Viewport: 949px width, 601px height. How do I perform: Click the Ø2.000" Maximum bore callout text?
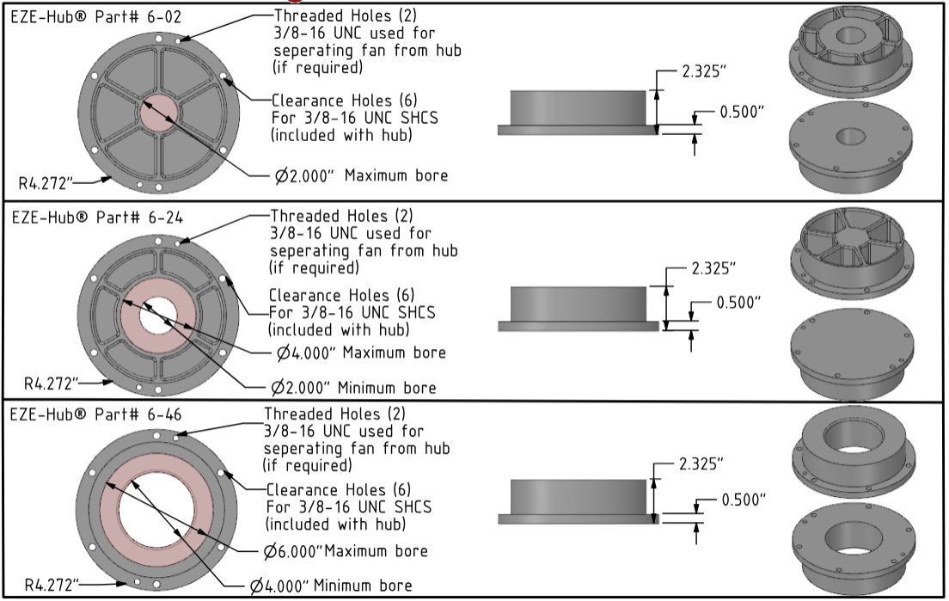[361, 176]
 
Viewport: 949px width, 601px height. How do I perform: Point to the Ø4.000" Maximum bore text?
[361, 353]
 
